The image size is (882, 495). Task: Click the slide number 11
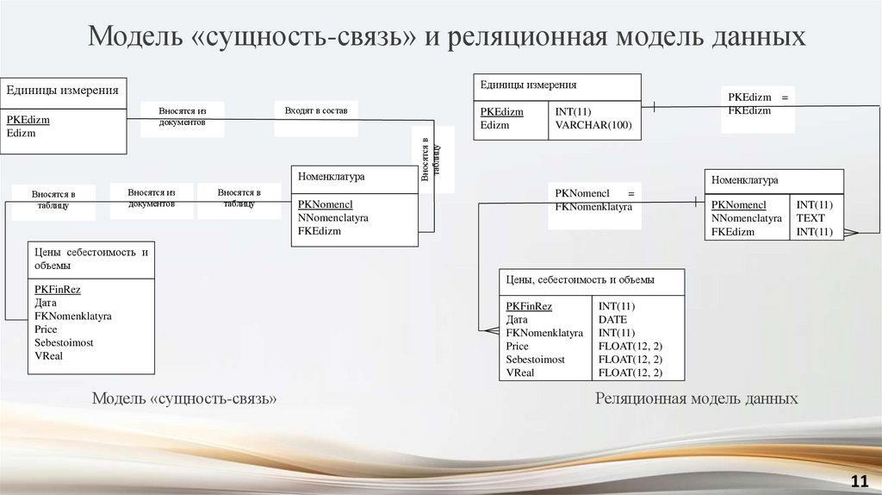coord(858,480)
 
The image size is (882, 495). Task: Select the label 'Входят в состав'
coord(315,111)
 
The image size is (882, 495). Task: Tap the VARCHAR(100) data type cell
coord(593,125)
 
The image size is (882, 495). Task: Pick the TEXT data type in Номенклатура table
coord(811,218)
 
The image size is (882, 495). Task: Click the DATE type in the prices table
coord(612,319)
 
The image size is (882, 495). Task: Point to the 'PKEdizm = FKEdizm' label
coord(758,104)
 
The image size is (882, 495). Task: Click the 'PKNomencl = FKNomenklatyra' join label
coord(594,200)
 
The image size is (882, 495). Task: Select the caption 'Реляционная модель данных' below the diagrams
coord(696,398)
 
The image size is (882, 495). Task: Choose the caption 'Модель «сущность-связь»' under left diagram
coord(184,398)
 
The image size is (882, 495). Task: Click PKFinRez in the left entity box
coord(58,290)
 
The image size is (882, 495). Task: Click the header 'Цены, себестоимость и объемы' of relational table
coord(580,279)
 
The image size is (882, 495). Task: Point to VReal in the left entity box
coord(48,355)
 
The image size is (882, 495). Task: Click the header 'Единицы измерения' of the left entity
coord(63,90)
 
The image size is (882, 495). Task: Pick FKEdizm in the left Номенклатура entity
coord(320,231)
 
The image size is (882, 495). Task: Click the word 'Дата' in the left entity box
coord(46,303)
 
